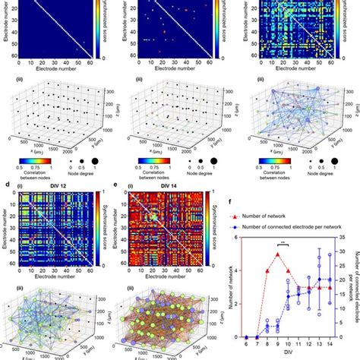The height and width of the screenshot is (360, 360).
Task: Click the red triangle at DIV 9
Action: (x=279, y=275)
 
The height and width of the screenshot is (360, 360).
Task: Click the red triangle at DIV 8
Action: (x=268, y=291)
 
